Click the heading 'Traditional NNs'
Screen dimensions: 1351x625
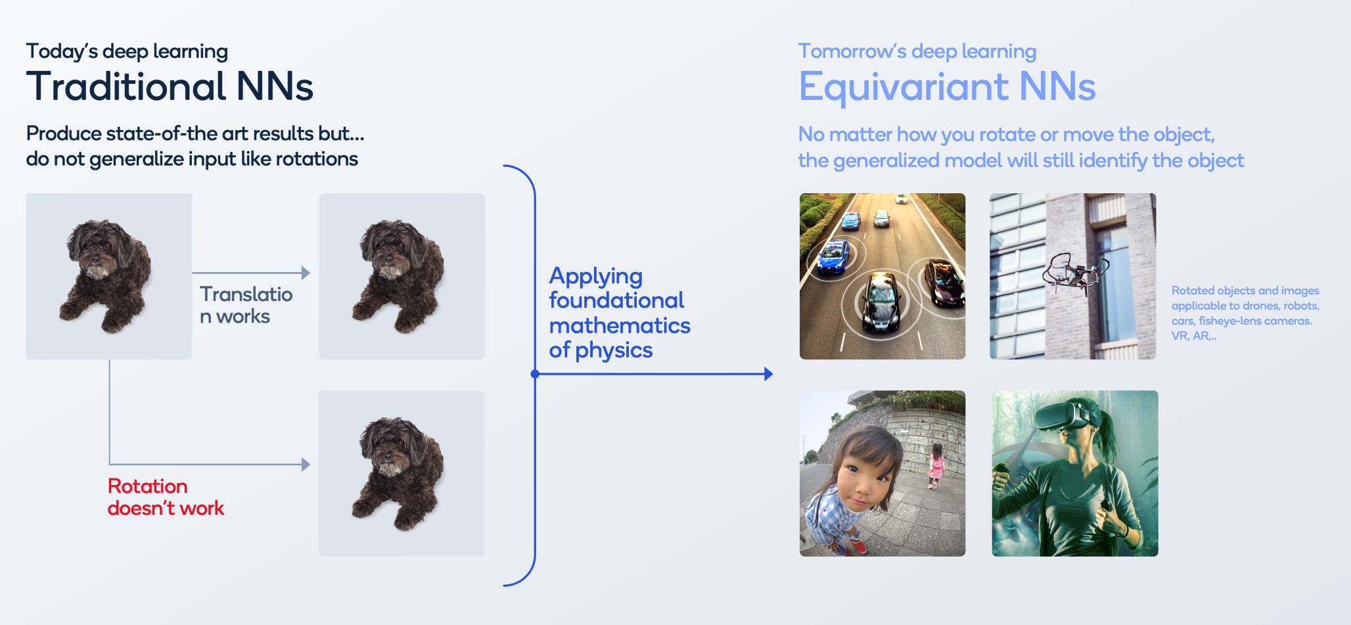[x=170, y=86]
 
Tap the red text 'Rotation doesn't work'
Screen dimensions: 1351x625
[x=166, y=497]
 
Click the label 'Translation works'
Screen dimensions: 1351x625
[x=246, y=305]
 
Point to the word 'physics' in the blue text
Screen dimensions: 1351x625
[x=614, y=351]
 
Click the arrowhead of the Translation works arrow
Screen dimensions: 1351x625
[x=306, y=273]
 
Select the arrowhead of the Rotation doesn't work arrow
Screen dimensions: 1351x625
[x=306, y=465]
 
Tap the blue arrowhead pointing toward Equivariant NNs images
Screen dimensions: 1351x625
[x=769, y=374]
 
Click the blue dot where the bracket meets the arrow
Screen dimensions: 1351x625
[x=535, y=374]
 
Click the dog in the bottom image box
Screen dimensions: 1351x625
[x=398, y=473]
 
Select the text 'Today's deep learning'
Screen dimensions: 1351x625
[x=127, y=51]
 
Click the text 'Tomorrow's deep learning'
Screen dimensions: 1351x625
[x=917, y=51]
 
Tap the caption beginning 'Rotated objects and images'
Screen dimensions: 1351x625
[x=1245, y=313]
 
